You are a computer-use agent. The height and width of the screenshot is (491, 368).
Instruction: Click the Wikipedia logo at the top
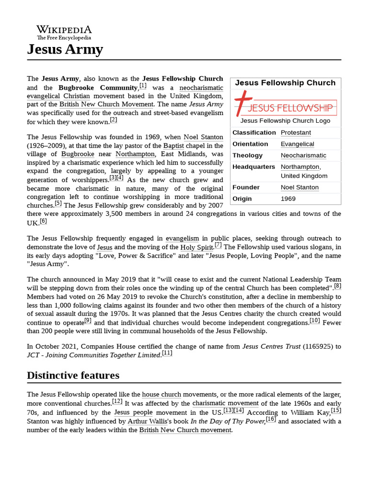[64, 32]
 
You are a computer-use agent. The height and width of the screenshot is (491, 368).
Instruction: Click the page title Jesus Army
[65, 49]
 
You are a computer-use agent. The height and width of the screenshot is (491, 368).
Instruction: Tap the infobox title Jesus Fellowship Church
[285, 83]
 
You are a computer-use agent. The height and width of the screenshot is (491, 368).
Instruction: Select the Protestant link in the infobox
[296, 133]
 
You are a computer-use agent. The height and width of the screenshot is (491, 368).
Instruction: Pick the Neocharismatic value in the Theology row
[303, 156]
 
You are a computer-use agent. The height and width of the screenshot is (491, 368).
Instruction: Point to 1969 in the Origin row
[288, 199]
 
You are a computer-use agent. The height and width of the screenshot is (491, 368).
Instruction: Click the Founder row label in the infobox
[246, 187]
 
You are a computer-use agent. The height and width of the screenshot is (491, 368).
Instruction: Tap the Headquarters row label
[253, 167]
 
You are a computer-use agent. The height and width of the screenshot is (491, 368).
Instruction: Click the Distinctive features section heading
[73, 375]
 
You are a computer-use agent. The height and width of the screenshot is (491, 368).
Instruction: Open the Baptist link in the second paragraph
[173, 145]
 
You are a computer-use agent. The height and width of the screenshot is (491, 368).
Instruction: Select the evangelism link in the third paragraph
[182, 238]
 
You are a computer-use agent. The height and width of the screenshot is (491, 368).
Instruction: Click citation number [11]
[167, 353]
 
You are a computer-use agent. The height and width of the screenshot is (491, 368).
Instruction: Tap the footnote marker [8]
[337, 286]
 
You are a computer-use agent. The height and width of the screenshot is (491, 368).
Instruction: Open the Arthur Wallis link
[147, 421]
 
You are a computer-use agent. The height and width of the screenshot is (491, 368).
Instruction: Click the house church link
[161, 395]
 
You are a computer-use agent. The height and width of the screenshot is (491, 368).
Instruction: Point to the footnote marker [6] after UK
[43, 221]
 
